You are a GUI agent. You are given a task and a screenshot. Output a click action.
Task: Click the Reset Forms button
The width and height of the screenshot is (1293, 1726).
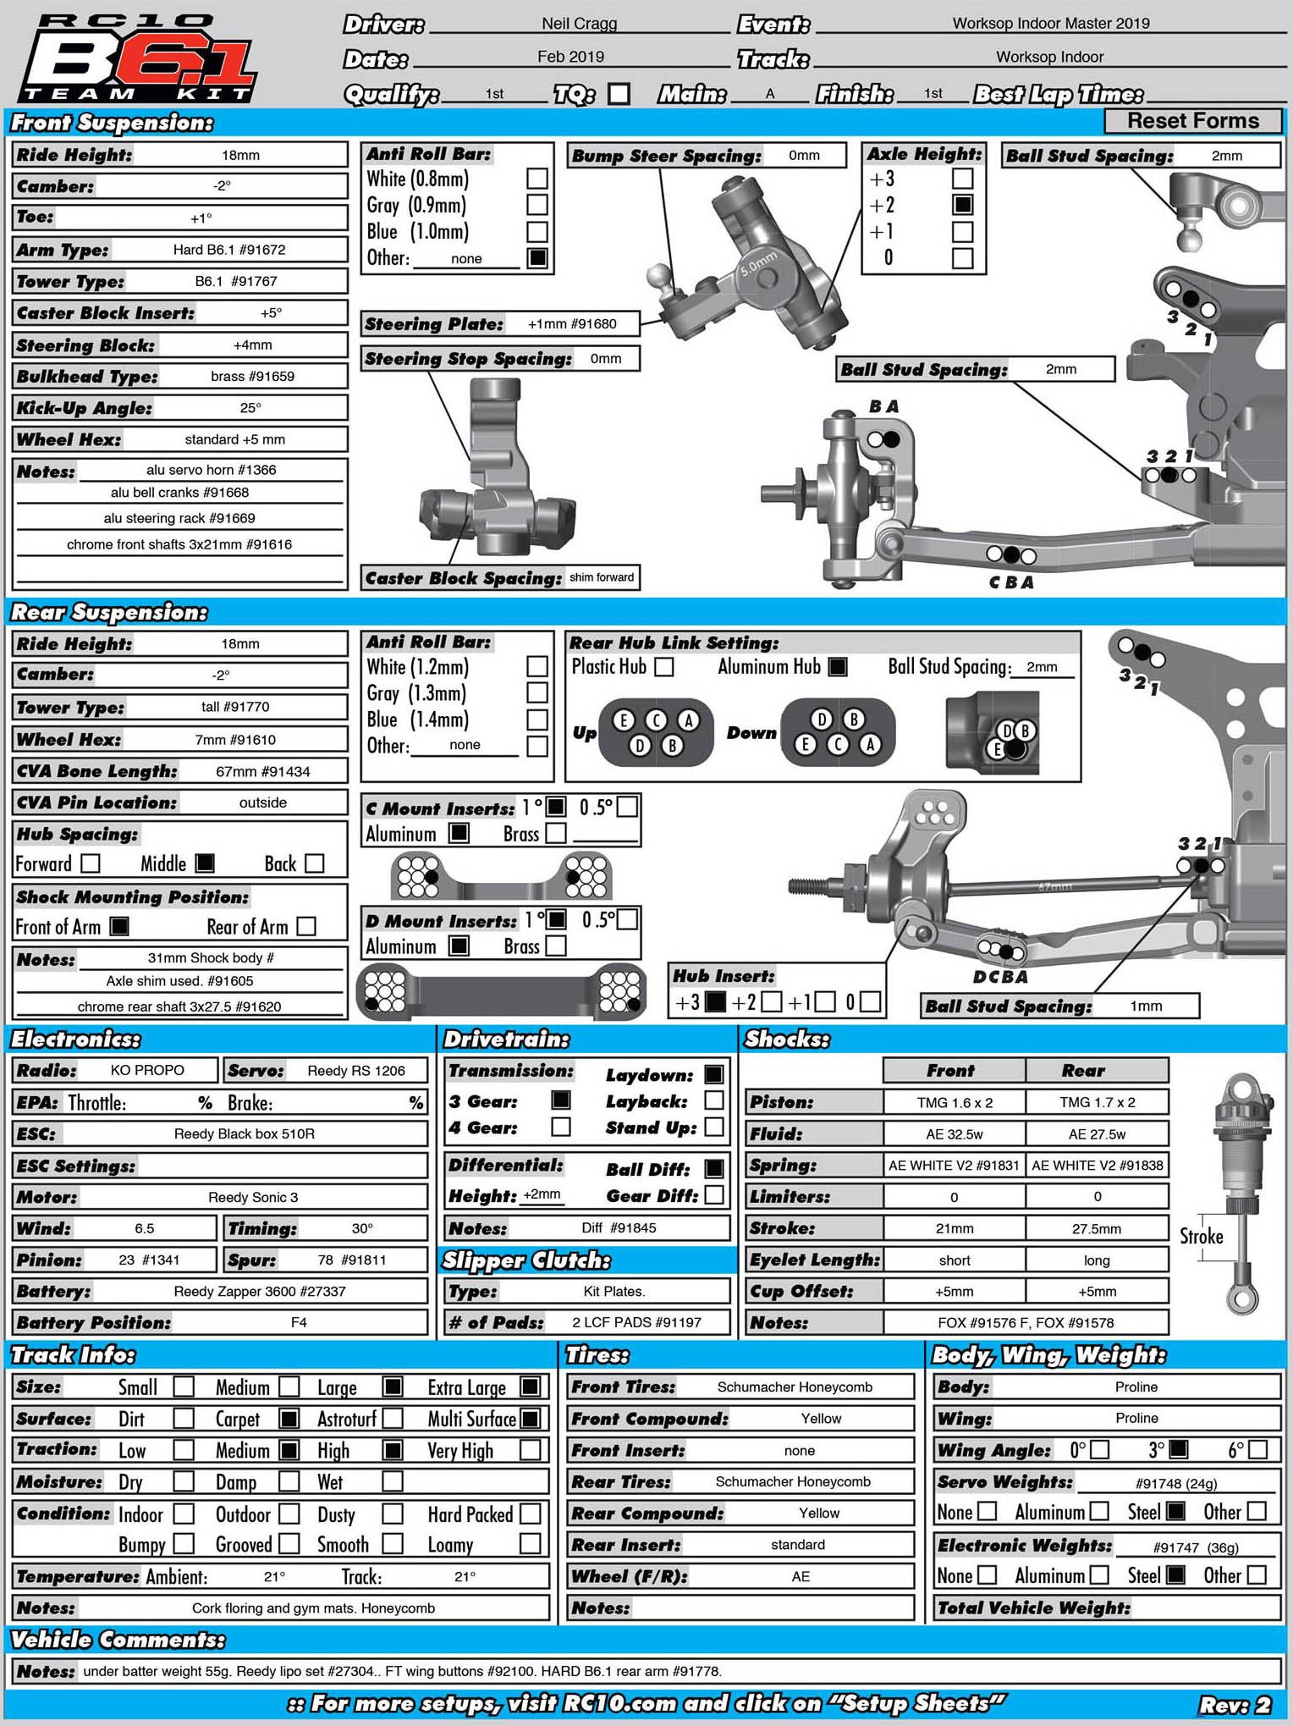[1192, 121]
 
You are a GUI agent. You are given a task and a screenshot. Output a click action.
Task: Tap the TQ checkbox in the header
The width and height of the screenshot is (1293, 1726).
[619, 93]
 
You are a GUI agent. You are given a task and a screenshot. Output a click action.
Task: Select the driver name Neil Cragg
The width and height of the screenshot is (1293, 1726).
[579, 24]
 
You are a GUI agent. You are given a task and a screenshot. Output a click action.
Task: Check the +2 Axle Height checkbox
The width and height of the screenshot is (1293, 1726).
[962, 205]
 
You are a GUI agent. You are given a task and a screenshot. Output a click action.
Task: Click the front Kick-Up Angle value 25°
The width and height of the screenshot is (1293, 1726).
[250, 408]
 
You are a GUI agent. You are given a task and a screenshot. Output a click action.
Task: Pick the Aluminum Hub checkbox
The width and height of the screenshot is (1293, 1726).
[837, 667]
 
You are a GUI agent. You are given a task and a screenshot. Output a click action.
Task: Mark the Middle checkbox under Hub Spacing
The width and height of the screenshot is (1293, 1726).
[205, 863]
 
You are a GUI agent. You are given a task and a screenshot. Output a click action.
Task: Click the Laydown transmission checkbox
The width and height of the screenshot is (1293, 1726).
[714, 1074]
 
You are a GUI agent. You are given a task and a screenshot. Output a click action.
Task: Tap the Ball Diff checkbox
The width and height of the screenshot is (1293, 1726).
[714, 1169]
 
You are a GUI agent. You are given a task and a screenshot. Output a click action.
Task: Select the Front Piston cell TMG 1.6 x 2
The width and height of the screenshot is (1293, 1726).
[955, 1102]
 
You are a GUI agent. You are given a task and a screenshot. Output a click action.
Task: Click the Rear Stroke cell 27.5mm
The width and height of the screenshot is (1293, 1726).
[1097, 1228]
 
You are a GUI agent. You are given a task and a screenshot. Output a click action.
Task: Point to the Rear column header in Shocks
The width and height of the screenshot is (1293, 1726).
[1083, 1071]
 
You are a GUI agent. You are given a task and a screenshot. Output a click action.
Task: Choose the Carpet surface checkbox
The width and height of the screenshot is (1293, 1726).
[289, 1419]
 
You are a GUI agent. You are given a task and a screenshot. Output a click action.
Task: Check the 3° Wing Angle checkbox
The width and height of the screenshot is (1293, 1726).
[1178, 1450]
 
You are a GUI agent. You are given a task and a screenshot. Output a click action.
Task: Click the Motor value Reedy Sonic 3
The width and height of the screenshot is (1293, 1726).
[253, 1197]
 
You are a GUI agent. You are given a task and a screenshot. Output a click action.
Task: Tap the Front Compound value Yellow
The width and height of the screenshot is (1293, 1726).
[821, 1419]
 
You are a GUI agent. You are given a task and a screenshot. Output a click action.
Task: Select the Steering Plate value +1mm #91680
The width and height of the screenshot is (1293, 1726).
[572, 324]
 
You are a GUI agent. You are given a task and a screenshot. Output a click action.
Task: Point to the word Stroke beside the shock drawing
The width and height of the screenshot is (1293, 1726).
[1202, 1237]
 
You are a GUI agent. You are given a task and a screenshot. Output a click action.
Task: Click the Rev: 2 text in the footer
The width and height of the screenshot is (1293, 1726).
[1235, 1705]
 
